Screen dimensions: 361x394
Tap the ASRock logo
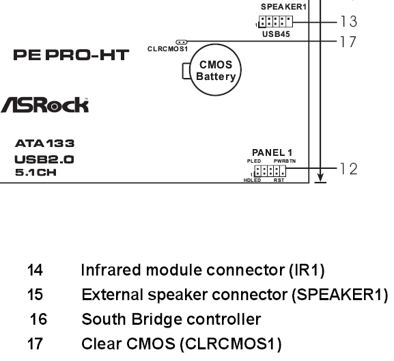coord(44,105)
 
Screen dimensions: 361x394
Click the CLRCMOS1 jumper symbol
coord(182,42)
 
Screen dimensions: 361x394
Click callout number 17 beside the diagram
coord(348,42)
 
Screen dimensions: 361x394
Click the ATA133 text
coord(45,144)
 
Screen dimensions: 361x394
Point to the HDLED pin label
coord(252,180)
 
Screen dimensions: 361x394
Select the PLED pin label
coord(254,161)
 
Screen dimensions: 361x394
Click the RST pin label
coord(279,180)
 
